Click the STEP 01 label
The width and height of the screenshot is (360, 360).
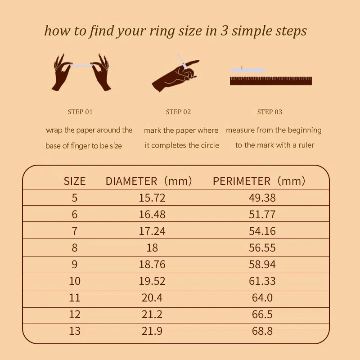[80, 112]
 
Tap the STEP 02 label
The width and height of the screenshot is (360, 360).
[178, 112]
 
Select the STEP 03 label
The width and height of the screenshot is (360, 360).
[270, 112]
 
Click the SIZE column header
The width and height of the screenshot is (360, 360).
[75, 181]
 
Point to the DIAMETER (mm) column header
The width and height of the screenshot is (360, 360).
[148, 181]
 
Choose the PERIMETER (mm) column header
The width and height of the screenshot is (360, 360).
[259, 181]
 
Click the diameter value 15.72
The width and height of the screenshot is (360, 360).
[152, 198]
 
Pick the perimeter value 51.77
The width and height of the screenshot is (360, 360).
[262, 214]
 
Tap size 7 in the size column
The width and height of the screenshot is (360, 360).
[74, 231]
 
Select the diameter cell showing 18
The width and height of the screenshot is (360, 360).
[152, 248]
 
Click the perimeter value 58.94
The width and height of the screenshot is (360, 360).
[262, 264]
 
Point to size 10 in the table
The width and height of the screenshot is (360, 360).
[75, 281]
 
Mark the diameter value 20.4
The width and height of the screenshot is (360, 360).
[152, 298]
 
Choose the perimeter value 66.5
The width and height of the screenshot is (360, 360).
[262, 314]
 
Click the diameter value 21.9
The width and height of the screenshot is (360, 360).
[152, 331]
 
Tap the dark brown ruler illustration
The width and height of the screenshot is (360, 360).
[271, 81]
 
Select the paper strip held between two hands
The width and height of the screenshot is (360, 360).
[81, 65]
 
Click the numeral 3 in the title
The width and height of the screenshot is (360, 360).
[224, 31]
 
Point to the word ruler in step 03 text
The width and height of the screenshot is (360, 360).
[306, 145]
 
